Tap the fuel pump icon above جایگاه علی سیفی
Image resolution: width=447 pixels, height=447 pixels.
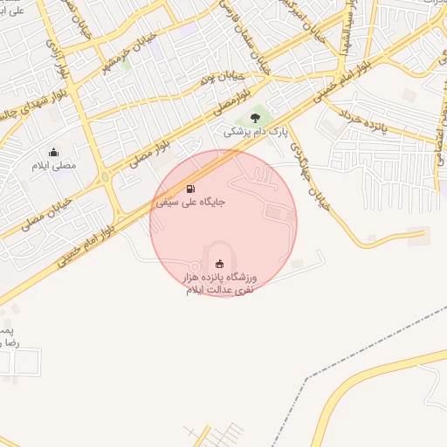click(190, 189)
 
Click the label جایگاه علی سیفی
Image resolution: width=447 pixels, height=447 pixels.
click(190, 202)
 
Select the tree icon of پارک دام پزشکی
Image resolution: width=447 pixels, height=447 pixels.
click(255, 118)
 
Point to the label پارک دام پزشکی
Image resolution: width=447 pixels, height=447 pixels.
click(255, 132)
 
